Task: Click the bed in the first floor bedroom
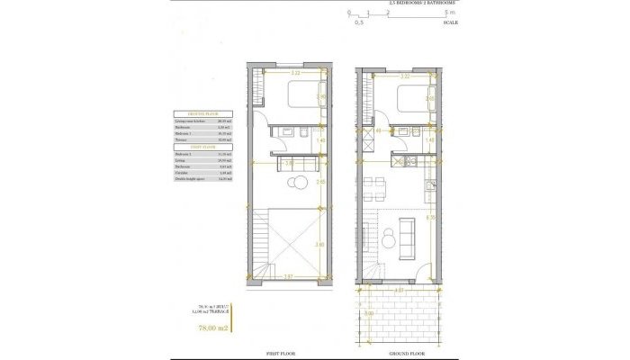(x=301, y=93)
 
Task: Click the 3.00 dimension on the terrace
(x=368, y=314)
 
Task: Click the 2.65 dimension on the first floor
(x=320, y=182)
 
